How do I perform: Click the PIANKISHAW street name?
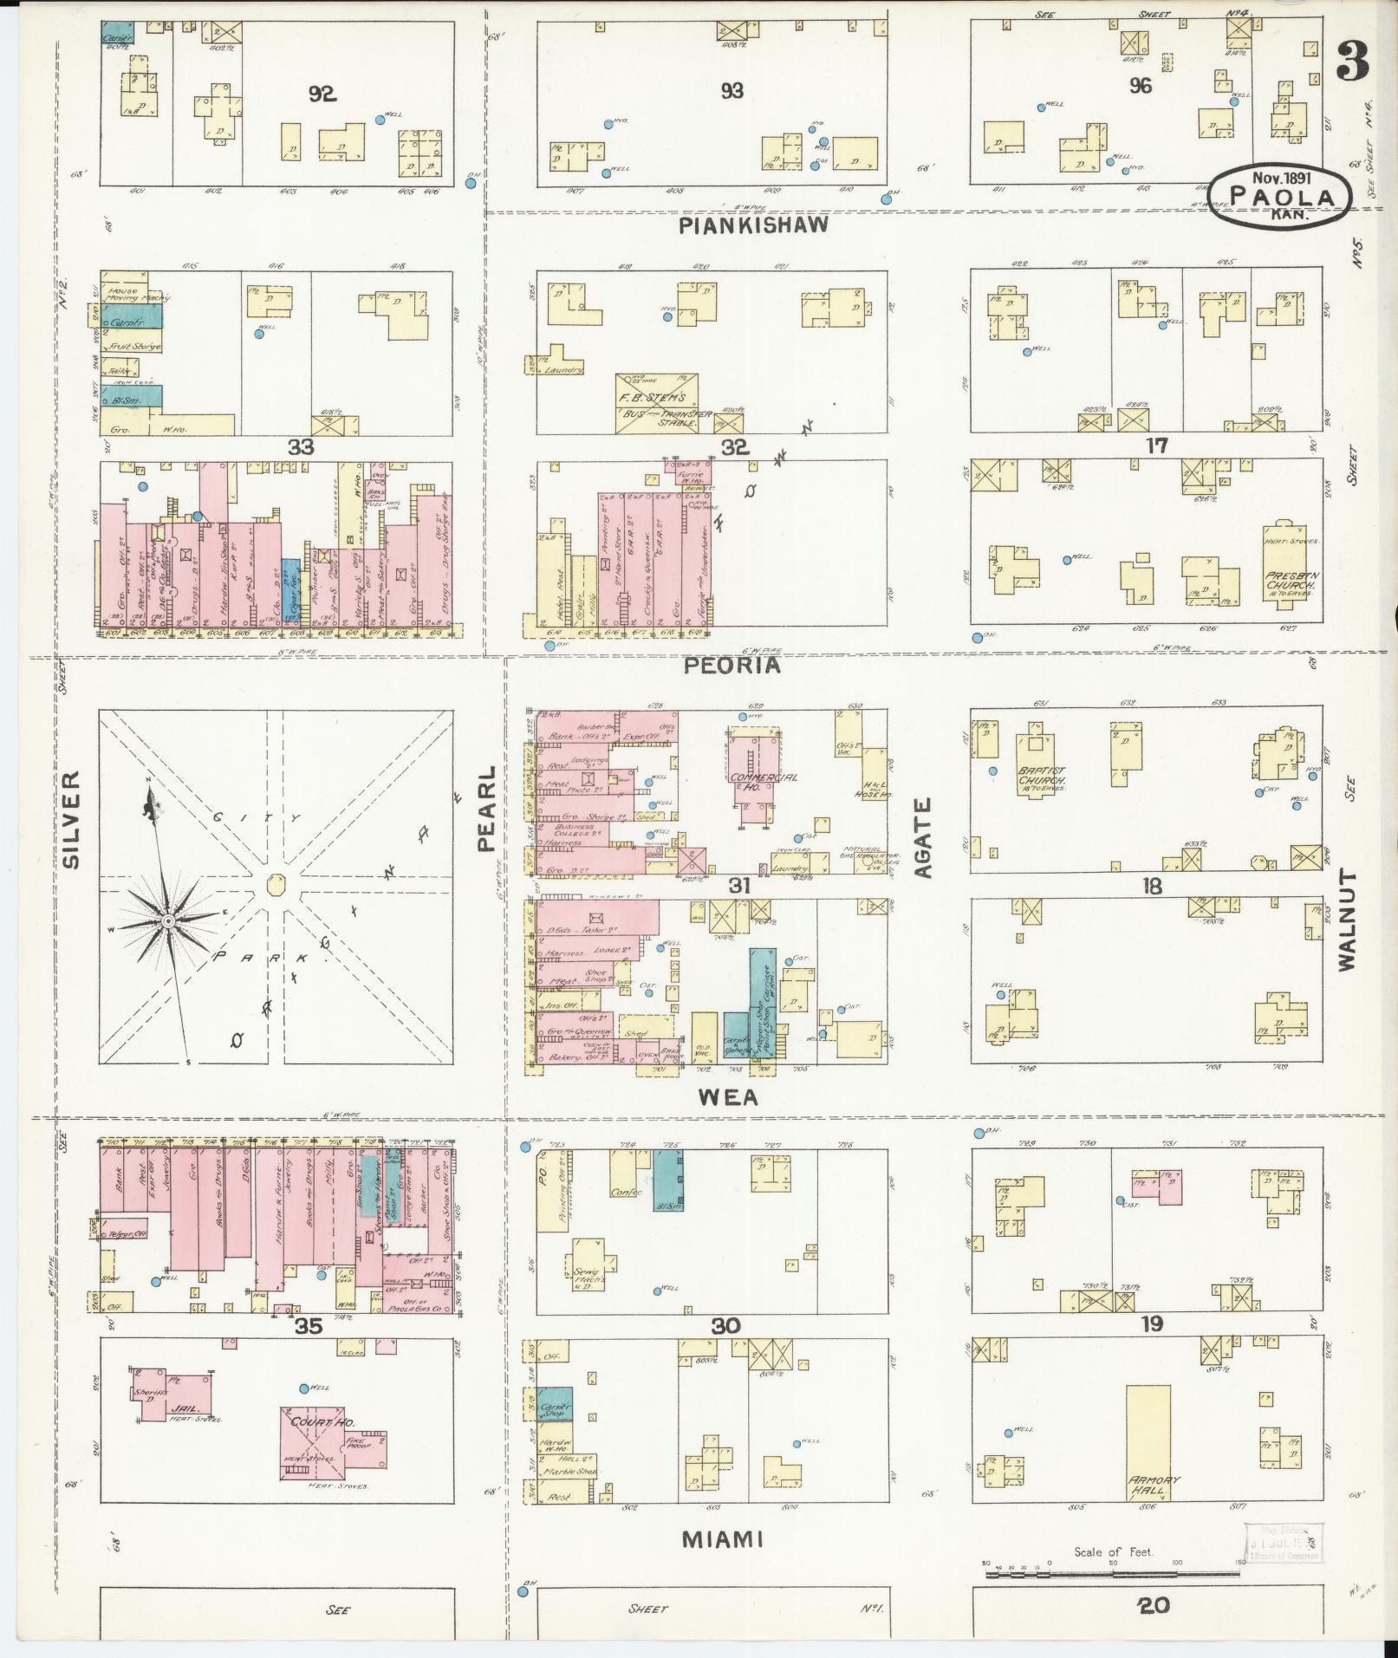coord(753,225)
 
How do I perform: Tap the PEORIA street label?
coord(732,666)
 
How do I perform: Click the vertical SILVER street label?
coord(71,819)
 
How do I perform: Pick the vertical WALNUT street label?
coord(1345,921)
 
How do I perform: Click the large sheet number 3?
coord(1352,61)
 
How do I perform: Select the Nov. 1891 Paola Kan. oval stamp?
coord(1281,198)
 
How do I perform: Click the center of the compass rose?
coord(168,918)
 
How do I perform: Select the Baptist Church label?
coord(1036,773)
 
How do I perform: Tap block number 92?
coord(322,94)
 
